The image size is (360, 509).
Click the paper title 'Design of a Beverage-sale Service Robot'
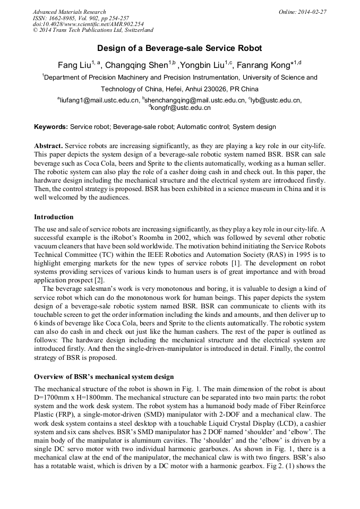point(179,48)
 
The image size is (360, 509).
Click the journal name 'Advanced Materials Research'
point(69,12)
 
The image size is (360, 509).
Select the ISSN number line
point(81,18)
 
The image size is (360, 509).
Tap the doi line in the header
point(88,24)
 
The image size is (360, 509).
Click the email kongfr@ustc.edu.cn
point(181,108)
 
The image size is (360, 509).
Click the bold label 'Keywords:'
point(51,127)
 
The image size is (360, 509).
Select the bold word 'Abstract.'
point(49,145)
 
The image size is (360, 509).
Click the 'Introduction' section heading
point(54,217)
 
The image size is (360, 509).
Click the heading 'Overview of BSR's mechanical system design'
point(104,377)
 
